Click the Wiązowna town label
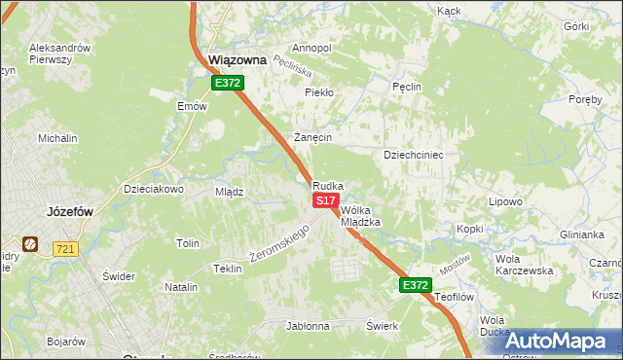point(238,59)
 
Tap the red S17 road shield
point(326,199)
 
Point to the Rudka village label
point(327,185)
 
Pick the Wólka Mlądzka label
point(359,215)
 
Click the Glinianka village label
point(582,234)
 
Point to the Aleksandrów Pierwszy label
point(60,54)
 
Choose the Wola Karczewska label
point(524,265)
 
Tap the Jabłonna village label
point(309,326)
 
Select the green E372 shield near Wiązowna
point(228,84)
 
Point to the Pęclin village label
point(407,87)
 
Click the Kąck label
point(449,11)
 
